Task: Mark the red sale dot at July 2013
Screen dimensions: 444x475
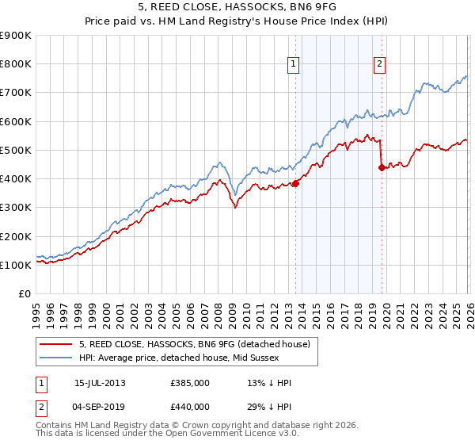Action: pos(295,183)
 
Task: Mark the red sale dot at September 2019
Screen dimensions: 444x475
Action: pos(382,167)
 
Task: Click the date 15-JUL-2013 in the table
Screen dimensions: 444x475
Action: pos(100,383)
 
